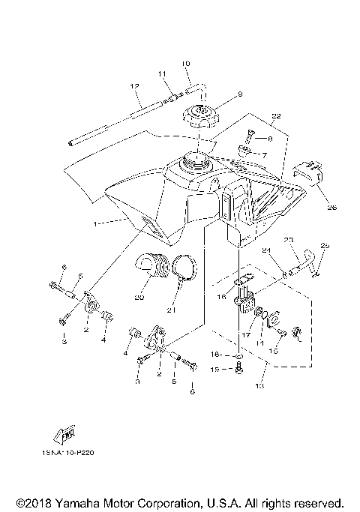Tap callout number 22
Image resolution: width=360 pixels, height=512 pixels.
276,116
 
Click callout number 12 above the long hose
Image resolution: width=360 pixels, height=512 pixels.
135,87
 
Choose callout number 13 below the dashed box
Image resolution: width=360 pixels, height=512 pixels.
260,387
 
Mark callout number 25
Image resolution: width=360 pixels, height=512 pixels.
324,246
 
